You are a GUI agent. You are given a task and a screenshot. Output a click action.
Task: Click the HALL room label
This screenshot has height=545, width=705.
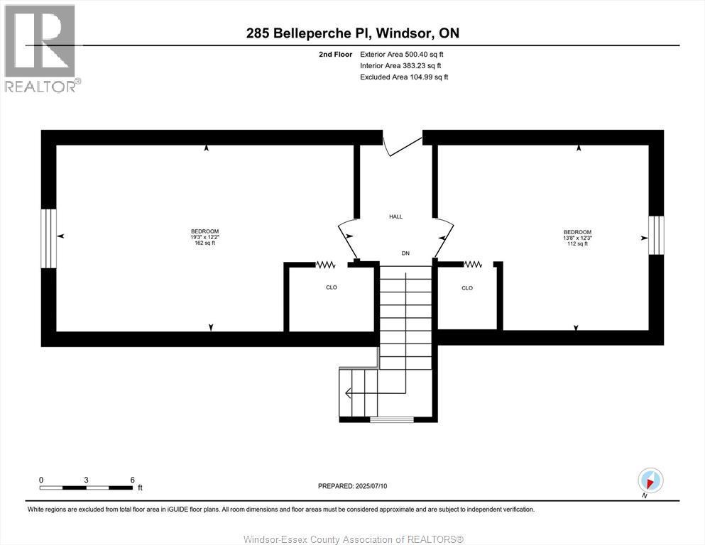point(395,216)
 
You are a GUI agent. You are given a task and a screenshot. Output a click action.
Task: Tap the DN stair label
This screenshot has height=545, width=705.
point(405,253)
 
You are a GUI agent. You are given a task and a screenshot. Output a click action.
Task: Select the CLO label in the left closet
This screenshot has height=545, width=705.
point(331,287)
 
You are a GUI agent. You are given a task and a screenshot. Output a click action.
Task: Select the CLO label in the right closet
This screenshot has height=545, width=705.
point(466,288)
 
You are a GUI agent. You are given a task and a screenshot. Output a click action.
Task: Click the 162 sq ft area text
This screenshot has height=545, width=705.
point(204,243)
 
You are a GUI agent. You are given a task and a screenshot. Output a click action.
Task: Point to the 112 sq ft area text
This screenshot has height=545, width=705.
point(577,244)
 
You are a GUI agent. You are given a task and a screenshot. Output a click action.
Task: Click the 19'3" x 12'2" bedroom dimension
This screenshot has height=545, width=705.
point(204,237)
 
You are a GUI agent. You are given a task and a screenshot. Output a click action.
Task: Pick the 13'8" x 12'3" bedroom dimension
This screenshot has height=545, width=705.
point(577,238)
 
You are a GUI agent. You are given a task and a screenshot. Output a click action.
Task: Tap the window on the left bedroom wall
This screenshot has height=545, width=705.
point(48,238)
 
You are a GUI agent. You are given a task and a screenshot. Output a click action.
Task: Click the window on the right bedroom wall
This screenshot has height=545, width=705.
point(656,235)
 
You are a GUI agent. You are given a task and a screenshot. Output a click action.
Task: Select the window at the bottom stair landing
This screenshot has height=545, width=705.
point(391,420)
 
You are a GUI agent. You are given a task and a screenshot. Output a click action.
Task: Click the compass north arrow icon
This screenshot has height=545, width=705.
point(650,480)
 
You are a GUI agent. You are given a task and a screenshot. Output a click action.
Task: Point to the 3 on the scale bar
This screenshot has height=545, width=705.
point(86,480)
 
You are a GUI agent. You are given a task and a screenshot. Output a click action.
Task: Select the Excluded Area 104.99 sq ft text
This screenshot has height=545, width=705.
point(404,77)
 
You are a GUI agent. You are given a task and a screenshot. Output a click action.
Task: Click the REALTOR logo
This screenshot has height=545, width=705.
point(41,48)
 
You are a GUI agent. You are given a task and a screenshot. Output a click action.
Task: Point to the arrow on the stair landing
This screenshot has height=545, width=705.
point(350,393)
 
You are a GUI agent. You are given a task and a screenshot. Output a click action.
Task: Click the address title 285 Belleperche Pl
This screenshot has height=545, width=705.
point(307,33)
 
